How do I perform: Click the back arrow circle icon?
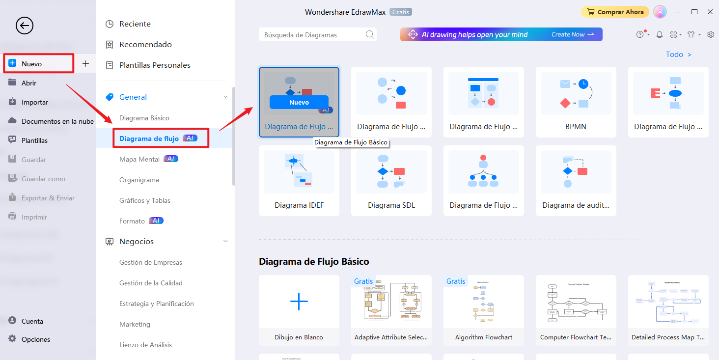(x=25, y=25)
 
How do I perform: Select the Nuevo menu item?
(x=32, y=64)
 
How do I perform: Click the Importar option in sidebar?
(x=34, y=102)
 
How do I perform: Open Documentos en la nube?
(x=57, y=121)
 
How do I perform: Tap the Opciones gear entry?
(x=35, y=339)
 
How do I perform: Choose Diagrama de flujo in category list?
(x=149, y=138)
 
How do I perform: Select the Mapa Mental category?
(x=139, y=159)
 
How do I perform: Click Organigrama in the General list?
(x=139, y=180)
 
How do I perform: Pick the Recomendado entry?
(x=145, y=45)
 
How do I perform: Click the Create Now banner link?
(x=573, y=34)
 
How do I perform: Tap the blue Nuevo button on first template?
(x=299, y=102)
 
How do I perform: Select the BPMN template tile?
(x=576, y=102)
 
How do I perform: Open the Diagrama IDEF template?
(x=299, y=180)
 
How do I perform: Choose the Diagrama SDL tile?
(x=391, y=180)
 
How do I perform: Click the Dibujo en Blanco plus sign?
(x=299, y=301)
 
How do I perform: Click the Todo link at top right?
(x=678, y=55)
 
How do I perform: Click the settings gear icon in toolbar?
(x=710, y=34)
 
